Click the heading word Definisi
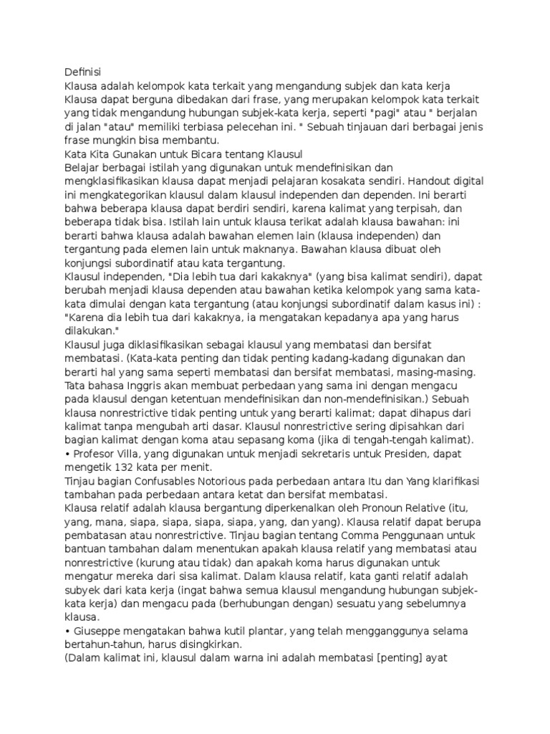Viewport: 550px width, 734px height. (83, 72)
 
